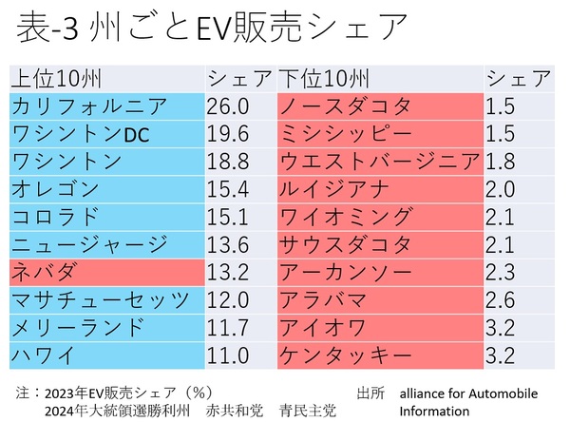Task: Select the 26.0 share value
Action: click(228, 106)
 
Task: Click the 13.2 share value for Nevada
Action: click(228, 274)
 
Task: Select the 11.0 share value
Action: click(228, 357)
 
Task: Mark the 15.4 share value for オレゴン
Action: click(228, 190)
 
